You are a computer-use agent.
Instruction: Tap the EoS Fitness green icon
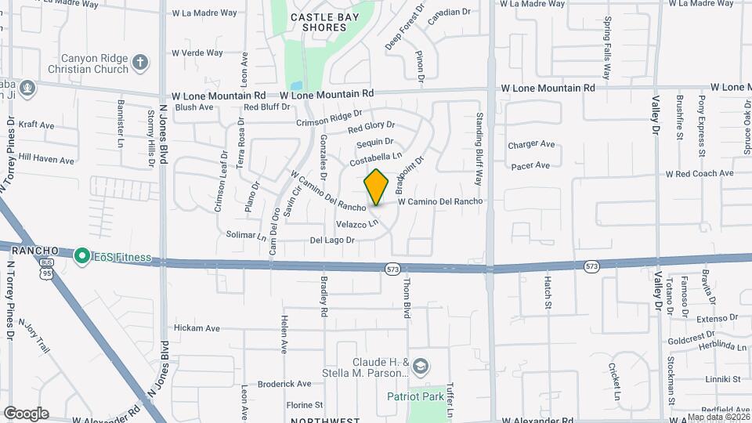point(81,256)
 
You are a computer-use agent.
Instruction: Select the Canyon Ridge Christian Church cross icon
point(140,63)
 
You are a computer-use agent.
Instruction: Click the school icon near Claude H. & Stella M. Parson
point(421,367)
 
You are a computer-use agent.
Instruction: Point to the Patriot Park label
point(415,396)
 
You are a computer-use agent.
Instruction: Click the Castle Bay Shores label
point(318,22)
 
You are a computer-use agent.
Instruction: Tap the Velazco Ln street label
point(357,224)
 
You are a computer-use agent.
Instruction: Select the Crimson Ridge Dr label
point(329,119)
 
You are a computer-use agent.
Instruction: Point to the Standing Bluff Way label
point(478,149)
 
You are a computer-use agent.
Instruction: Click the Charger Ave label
point(531,144)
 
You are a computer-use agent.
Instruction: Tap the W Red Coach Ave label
point(700,173)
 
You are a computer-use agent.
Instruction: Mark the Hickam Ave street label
point(197,328)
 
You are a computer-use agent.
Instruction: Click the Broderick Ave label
point(284,384)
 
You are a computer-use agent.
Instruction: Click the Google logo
point(26,414)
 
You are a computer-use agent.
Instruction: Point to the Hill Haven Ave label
point(46,160)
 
